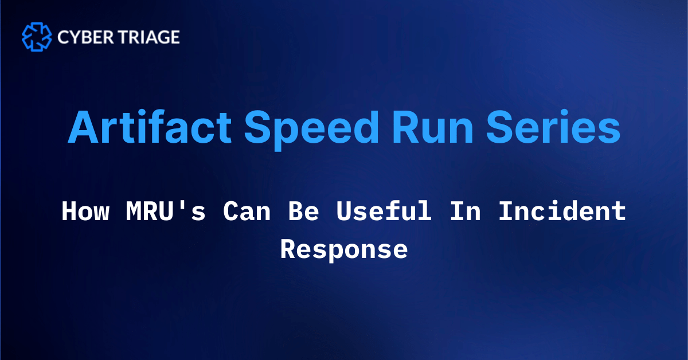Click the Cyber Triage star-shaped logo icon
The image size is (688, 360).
pos(37,37)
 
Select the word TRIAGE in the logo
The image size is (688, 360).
pos(149,37)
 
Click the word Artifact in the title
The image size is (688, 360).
pos(150,127)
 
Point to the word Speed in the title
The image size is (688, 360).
pos(311,130)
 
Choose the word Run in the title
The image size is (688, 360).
pos(433,127)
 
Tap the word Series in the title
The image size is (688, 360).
pos(553,127)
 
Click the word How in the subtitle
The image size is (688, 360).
pos(85,211)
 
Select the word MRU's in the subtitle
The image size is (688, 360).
pos(166,211)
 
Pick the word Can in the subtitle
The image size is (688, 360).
pos(247,211)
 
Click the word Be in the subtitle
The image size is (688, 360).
pos(304,211)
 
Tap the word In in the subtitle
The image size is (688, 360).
pos(466,211)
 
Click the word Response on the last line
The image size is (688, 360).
pos(344,250)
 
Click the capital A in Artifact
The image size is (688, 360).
pos(83,127)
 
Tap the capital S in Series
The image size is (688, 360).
pos(501,127)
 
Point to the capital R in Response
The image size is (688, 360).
pos(289,249)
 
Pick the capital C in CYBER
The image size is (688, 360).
pos(64,37)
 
